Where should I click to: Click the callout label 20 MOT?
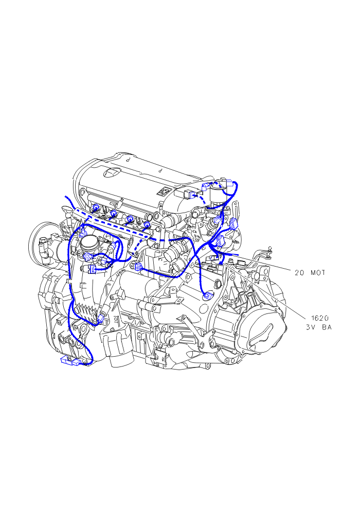click(310, 273)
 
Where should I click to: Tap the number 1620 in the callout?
click(320, 318)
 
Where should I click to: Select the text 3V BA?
click(319, 327)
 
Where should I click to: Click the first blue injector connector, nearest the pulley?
click(96, 207)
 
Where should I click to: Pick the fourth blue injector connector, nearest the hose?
click(147, 224)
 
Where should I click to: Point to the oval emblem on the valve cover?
click(111, 172)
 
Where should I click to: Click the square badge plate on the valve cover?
click(164, 192)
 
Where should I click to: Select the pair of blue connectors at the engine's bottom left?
click(70, 361)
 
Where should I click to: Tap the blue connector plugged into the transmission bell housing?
click(208, 295)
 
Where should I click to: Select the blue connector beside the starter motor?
click(138, 267)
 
